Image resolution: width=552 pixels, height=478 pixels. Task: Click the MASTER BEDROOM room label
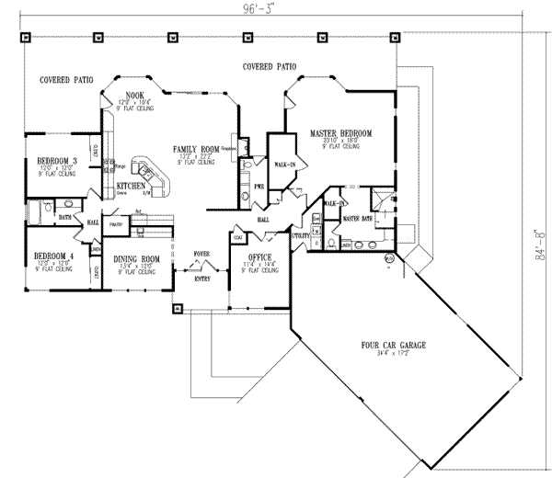[340, 133]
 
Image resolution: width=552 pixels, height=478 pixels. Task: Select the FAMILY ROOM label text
[195, 148]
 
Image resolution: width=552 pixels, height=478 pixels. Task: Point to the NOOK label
[135, 94]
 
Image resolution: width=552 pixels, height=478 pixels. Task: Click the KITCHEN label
[131, 187]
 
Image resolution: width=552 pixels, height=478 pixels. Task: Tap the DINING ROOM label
[137, 258]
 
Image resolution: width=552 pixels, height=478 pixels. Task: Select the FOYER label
[201, 252]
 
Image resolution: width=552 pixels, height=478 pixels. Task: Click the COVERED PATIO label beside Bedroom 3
[63, 81]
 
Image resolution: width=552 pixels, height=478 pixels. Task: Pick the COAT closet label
[238, 236]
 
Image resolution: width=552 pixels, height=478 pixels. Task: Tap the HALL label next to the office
[263, 221]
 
